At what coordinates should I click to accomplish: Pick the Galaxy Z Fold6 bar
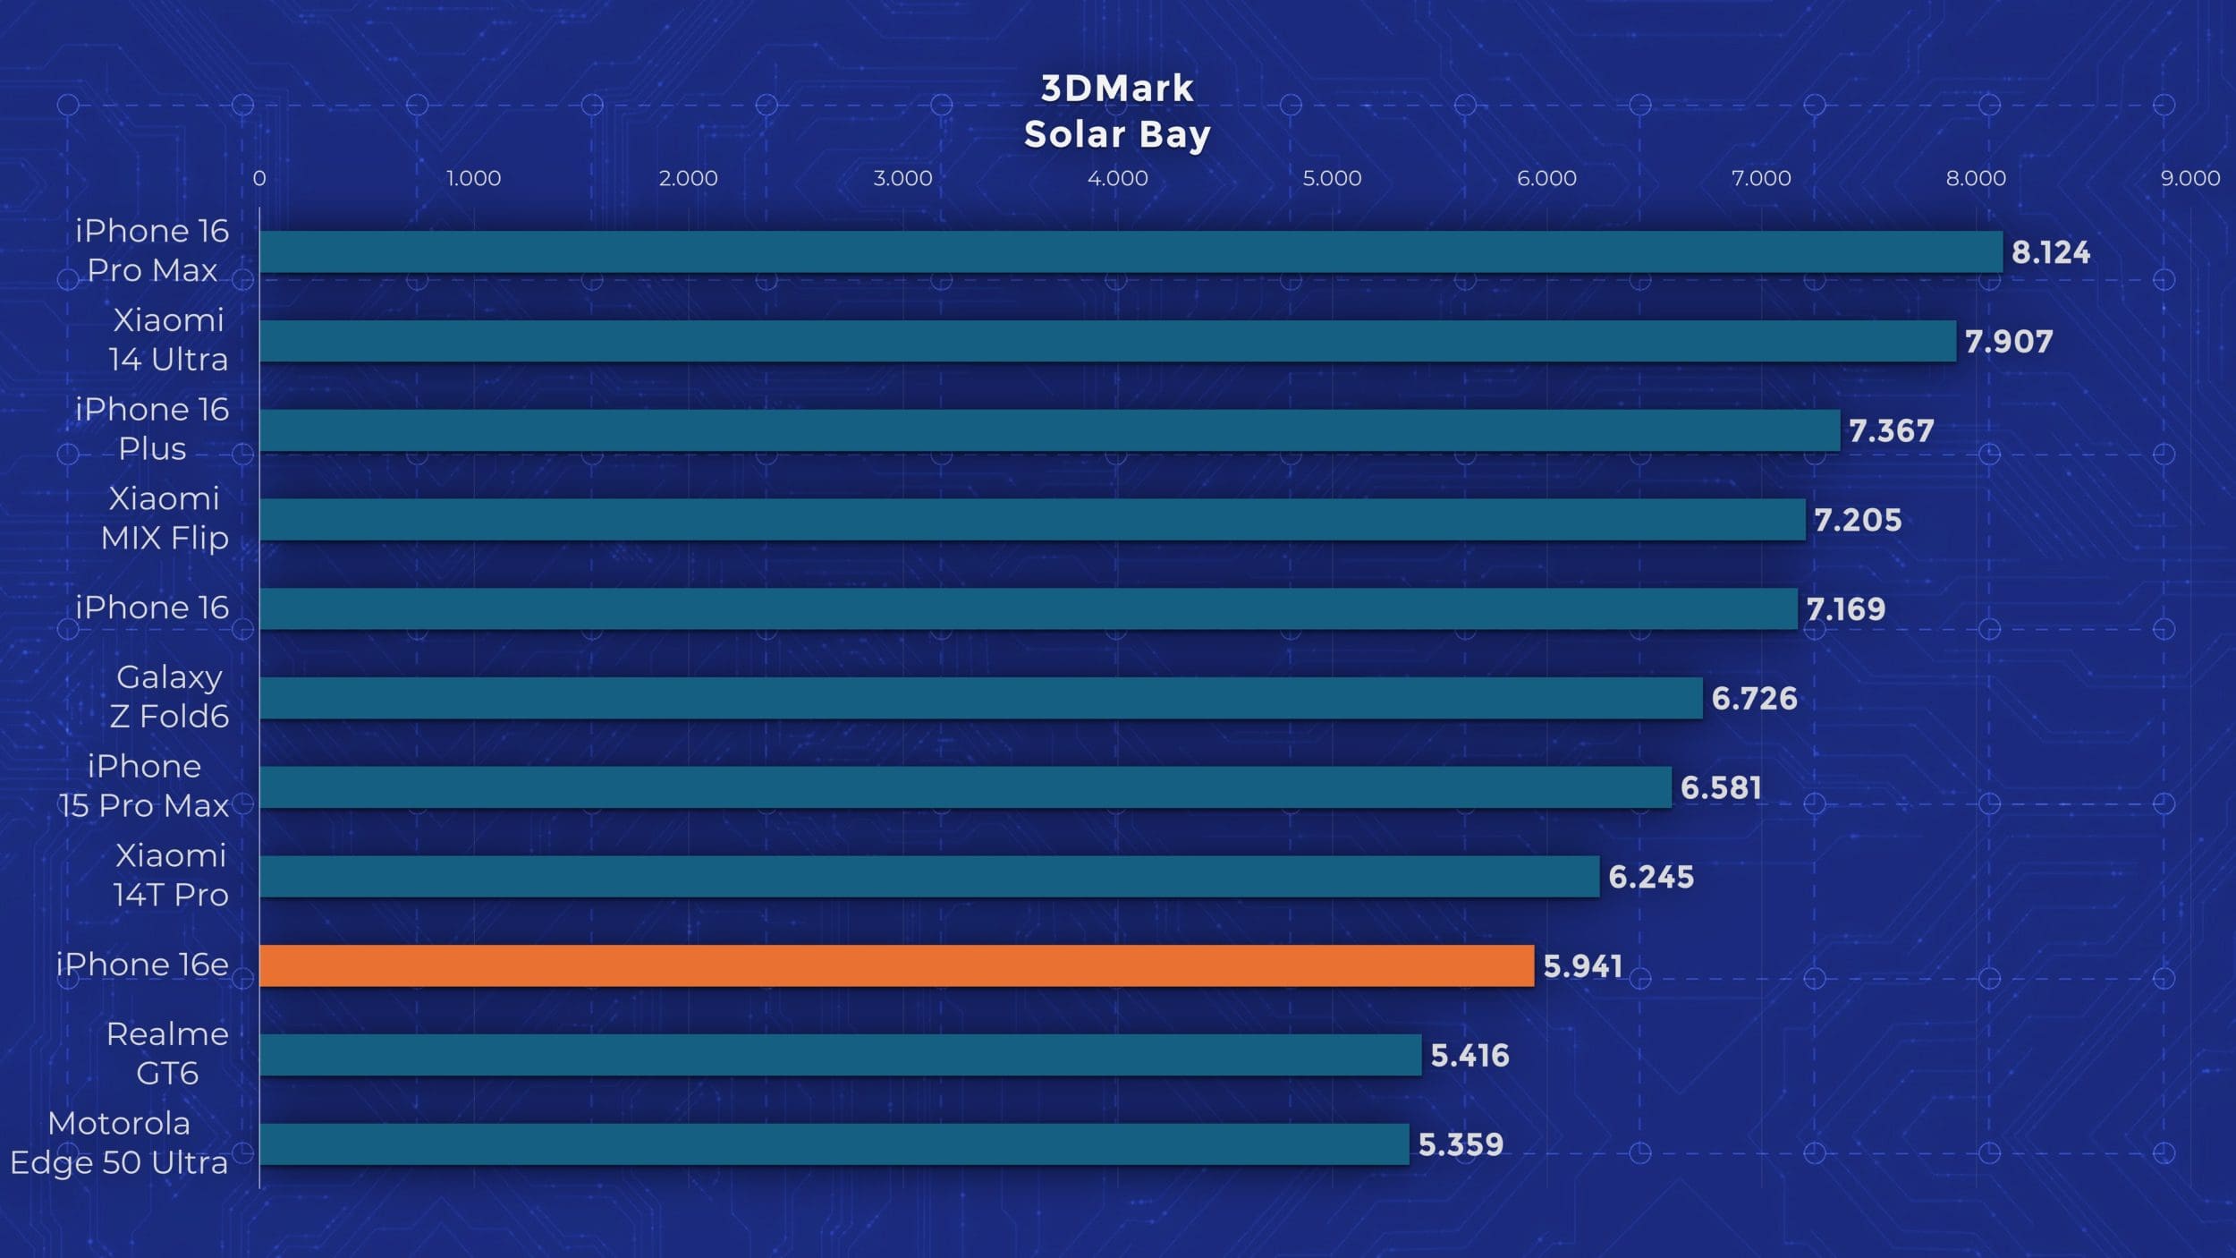point(980,698)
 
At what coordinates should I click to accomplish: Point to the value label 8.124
point(2050,252)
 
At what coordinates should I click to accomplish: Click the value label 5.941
point(1582,966)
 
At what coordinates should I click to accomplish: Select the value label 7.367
point(1891,431)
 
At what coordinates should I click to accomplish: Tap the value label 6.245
point(1650,877)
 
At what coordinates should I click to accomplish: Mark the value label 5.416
point(1469,1056)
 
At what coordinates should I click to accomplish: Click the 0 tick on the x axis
point(259,178)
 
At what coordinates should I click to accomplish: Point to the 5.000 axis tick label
point(1332,178)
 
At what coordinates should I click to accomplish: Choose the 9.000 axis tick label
point(2189,178)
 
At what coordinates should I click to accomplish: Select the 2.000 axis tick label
point(688,178)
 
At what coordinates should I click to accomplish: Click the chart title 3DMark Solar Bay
point(1117,112)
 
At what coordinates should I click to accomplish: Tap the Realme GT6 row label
point(167,1053)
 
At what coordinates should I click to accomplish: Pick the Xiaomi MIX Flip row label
point(165,518)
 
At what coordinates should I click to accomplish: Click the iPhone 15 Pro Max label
point(144,786)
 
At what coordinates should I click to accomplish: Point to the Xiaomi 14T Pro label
point(170,875)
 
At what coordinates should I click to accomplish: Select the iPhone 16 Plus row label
point(152,429)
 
